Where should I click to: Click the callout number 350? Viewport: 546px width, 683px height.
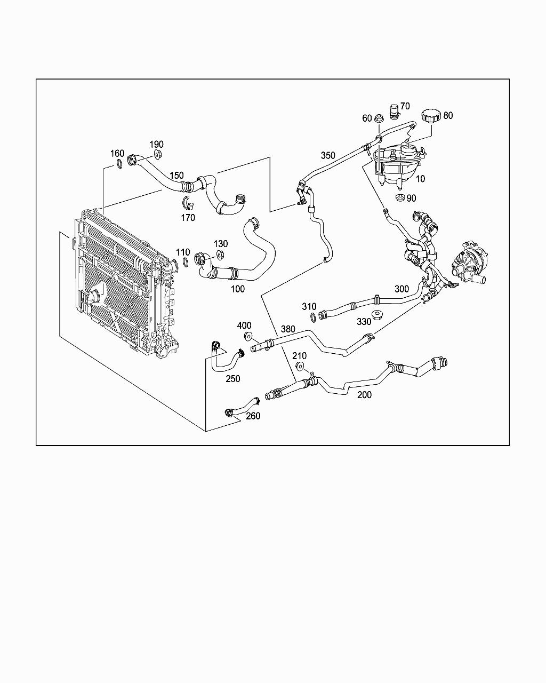(328, 156)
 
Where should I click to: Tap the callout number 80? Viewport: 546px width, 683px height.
(448, 115)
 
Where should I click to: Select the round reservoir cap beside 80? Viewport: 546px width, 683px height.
(429, 116)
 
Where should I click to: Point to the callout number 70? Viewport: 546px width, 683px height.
(405, 106)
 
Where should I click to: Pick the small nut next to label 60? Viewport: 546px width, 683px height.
(379, 119)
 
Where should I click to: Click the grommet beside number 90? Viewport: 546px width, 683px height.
(400, 198)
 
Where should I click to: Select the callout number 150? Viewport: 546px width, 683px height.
(176, 176)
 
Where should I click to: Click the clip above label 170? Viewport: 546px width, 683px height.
(187, 203)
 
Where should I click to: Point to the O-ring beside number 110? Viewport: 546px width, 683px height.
(185, 262)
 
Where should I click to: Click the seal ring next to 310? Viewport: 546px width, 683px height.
(312, 318)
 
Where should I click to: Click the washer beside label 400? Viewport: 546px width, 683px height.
(248, 336)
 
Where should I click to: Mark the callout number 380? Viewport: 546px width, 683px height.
(288, 329)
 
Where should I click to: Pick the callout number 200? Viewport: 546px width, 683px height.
(364, 395)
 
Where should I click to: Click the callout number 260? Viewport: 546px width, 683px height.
(253, 416)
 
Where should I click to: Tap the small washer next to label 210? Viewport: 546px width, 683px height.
(300, 367)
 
